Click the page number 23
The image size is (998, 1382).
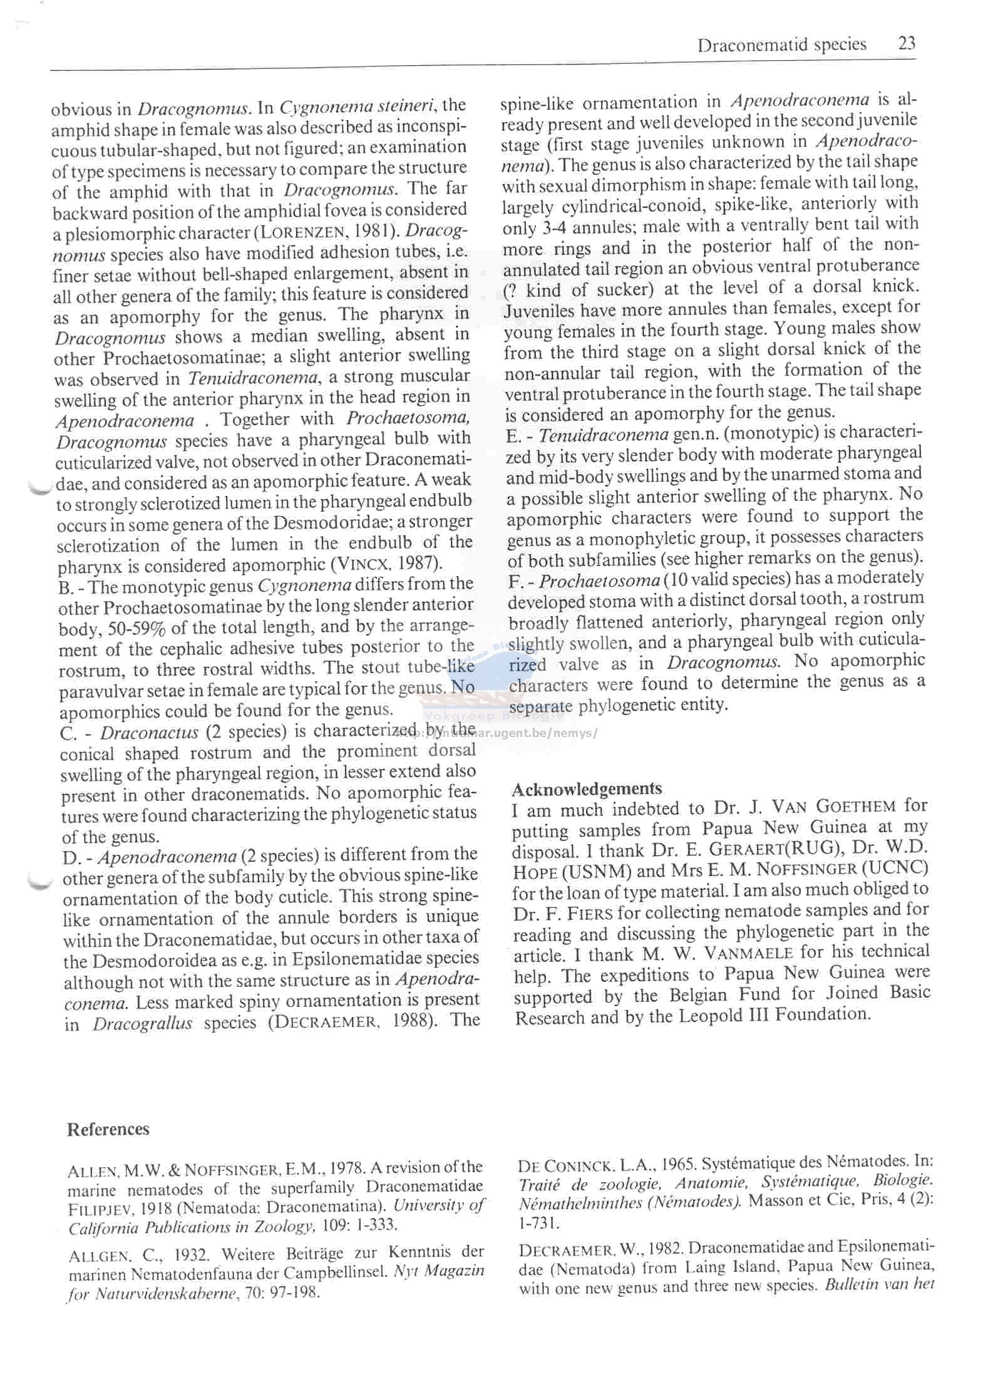(907, 43)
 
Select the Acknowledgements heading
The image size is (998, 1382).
(587, 788)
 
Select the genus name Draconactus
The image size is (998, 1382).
(149, 732)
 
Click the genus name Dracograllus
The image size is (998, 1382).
(143, 1024)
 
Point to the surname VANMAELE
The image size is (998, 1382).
(754, 953)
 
